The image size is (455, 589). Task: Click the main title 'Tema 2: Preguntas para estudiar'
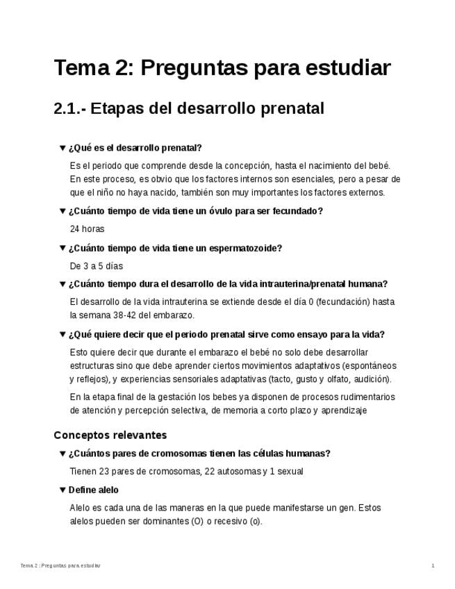coord(222,68)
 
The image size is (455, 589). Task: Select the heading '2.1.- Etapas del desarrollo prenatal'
coord(189,109)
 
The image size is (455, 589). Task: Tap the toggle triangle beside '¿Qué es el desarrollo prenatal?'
coord(63,148)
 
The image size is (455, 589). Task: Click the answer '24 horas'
coord(87,229)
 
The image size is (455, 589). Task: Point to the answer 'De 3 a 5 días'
coord(96,266)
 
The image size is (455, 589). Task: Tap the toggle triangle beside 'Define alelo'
coord(63,490)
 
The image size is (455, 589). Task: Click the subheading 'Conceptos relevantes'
coord(110,435)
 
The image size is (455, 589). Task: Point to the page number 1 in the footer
coord(433,566)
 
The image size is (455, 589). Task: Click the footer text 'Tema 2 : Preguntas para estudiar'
coord(60,566)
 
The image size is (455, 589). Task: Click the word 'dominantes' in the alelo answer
coord(158,521)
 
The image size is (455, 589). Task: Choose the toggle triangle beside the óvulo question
coord(63,211)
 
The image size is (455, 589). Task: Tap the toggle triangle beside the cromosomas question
coord(63,454)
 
